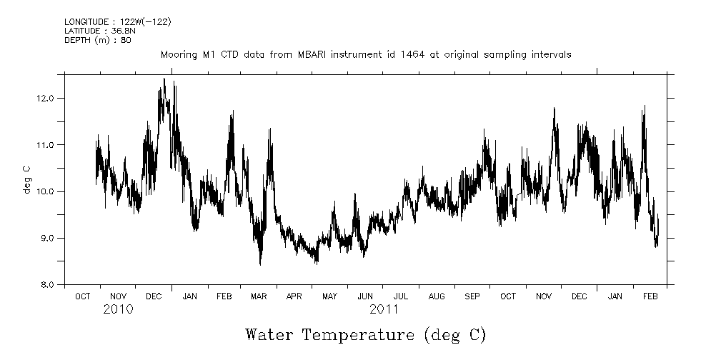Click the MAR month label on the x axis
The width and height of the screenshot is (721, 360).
(x=259, y=296)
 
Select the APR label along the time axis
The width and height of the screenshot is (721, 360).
(x=294, y=296)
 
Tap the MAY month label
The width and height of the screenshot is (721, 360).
(x=329, y=296)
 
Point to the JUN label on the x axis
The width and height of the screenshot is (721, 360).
(x=365, y=296)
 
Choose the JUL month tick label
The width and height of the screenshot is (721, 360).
(x=400, y=296)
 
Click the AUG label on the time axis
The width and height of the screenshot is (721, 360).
(x=436, y=296)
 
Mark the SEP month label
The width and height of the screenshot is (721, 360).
(x=472, y=296)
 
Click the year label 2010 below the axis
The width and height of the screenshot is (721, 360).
(x=118, y=310)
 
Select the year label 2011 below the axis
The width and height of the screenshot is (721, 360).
(x=384, y=310)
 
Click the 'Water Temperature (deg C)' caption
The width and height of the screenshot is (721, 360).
(x=365, y=334)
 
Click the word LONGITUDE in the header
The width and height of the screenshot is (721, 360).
(x=88, y=22)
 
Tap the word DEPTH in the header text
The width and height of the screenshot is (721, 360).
(x=77, y=39)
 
